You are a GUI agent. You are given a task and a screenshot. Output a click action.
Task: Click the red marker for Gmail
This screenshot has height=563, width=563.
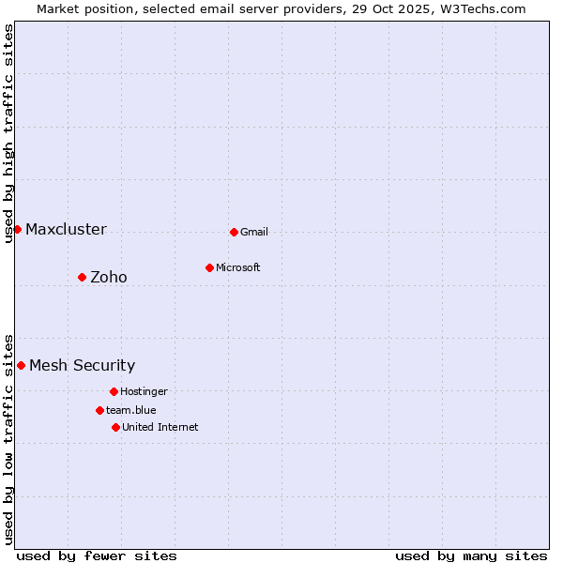234,232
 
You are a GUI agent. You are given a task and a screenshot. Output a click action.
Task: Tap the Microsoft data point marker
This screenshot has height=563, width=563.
209,267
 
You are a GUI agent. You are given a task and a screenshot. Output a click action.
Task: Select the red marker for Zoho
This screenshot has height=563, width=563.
82,277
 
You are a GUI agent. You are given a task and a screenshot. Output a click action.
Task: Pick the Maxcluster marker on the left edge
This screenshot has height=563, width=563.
17,229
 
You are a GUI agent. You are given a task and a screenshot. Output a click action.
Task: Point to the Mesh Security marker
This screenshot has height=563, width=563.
21,365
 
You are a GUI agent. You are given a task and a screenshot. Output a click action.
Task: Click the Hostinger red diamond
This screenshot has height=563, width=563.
114,391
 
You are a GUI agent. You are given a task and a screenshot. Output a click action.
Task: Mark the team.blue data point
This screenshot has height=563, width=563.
99,410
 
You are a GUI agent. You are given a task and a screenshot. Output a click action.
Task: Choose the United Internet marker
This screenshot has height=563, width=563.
115,427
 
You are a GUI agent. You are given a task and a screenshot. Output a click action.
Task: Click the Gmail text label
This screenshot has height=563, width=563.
254,232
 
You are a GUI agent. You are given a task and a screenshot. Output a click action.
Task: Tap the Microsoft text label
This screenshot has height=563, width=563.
238,267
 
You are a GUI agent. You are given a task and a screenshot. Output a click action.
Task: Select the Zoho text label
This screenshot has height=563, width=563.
109,277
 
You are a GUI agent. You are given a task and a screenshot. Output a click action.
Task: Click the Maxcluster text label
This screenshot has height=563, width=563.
66,230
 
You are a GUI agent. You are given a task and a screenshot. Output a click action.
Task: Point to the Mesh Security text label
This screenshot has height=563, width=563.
82,366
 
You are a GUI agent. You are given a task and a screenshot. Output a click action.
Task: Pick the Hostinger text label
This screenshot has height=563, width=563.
144,391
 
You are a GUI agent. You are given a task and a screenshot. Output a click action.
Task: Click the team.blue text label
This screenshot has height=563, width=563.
131,410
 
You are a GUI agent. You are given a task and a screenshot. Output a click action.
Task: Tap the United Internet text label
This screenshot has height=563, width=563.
160,427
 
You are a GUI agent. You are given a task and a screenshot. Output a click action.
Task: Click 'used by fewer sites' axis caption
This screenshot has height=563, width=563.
97,555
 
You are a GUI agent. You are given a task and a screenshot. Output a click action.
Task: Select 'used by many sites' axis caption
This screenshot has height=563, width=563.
471,555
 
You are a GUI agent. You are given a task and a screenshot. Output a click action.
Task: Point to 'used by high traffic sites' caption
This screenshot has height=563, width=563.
8,133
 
